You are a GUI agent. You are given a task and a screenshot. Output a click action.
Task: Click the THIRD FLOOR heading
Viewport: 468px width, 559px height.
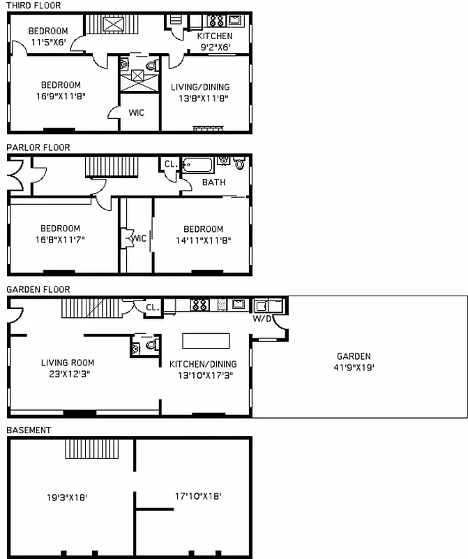click(33, 6)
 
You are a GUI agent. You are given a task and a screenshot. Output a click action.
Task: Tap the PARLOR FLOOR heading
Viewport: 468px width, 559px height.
click(38, 147)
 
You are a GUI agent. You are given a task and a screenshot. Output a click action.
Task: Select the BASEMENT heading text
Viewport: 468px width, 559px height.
click(29, 430)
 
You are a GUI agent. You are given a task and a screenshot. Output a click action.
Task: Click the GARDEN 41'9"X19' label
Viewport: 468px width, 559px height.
click(354, 361)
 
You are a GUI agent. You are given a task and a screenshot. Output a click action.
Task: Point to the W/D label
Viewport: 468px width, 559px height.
click(262, 319)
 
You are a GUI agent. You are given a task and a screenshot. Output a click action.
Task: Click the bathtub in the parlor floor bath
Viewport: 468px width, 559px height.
click(199, 166)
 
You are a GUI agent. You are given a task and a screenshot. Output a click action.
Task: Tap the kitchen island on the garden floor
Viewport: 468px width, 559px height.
click(206, 340)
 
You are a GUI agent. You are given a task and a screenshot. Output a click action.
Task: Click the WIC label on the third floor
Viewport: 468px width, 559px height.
click(137, 112)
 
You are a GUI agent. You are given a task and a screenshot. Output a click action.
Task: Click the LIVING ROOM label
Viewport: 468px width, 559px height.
click(68, 363)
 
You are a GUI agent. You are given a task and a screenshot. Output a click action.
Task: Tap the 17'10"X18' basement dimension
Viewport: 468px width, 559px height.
click(197, 497)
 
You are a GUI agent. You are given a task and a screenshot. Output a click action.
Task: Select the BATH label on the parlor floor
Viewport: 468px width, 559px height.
click(213, 182)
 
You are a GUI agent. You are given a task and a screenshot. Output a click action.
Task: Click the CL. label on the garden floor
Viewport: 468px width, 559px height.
click(152, 307)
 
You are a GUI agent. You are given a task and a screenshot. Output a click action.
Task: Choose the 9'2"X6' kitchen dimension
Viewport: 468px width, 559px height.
click(215, 47)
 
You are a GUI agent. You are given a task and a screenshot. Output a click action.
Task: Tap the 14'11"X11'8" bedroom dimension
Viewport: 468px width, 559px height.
click(203, 240)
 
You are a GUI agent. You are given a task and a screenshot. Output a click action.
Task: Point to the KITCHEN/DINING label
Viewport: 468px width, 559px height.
click(203, 364)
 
